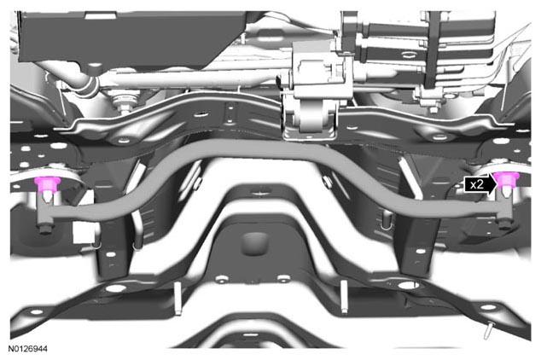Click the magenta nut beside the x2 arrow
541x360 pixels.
507,179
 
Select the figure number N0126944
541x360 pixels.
27,349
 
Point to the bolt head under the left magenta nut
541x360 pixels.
45,229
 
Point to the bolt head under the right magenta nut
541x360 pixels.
505,225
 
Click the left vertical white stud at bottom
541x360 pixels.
178,298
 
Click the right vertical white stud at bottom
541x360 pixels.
344,297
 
